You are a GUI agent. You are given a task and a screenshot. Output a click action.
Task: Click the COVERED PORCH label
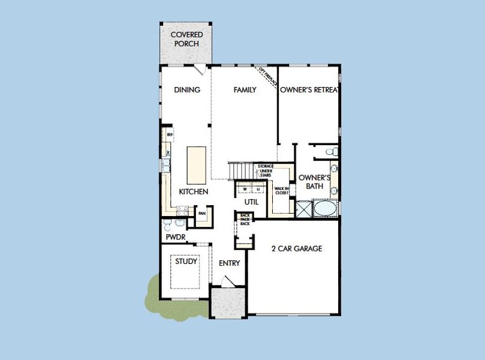click(187, 38)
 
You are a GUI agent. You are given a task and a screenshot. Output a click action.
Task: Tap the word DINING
click(187, 90)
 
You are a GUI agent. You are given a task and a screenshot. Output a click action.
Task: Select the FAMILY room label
click(245, 90)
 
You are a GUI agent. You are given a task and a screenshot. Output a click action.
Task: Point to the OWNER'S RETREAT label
click(309, 90)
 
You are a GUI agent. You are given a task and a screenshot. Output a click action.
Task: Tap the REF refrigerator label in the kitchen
click(169, 135)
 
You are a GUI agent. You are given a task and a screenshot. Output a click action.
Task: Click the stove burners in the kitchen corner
click(183, 211)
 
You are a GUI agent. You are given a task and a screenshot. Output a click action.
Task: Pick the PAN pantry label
click(203, 213)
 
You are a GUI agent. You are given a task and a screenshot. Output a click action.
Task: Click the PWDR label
click(175, 238)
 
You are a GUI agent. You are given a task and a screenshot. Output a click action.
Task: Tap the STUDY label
click(186, 262)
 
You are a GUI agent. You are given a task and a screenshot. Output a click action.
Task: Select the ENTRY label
click(229, 263)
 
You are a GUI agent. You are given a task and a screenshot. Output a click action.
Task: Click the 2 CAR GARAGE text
click(297, 248)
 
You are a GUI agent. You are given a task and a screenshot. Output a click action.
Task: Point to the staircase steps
click(243, 172)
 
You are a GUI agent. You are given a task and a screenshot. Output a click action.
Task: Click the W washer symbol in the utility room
click(245, 189)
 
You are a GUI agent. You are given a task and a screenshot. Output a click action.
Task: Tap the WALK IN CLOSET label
click(281, 191)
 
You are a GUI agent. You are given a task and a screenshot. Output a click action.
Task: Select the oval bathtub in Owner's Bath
click(325, 209)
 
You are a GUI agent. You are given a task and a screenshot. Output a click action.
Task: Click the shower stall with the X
click(305, 209)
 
